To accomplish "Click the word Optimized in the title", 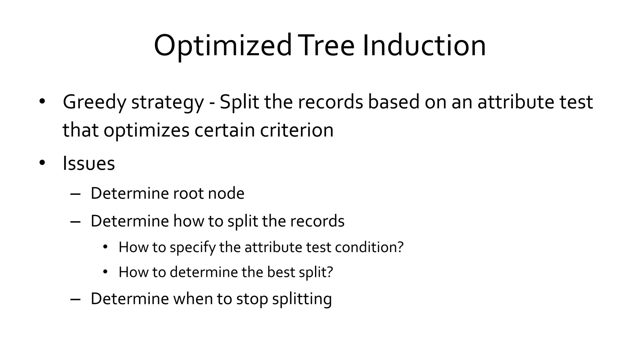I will pos(222,46).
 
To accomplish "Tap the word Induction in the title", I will pos(424,46).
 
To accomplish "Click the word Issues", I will pos(89,163).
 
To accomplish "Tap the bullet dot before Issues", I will pos(42,163).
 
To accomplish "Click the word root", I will pos(188,193).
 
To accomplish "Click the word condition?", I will pos(369,247).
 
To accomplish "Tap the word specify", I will pos(192,248).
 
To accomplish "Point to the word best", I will pos(281,272).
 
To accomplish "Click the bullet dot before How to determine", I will pos(105,272).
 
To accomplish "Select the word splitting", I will pos(302,299).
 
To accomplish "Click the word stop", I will pos(252,299).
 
